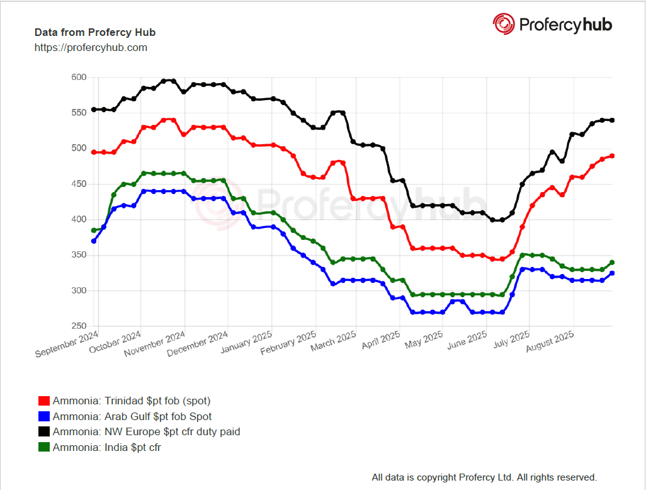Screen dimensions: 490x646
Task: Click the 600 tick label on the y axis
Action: (78, 77)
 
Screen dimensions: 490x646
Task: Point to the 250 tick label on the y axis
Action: (78, 326)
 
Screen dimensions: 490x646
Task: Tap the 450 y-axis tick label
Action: (78, 184)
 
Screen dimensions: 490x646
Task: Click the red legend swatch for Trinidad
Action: (44, 401)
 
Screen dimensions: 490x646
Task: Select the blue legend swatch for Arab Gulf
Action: (44, 416)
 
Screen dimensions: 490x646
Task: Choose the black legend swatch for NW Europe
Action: (44, 432)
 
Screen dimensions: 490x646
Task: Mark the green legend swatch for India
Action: (44, 448)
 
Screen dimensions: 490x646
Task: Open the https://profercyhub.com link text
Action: (91, 47)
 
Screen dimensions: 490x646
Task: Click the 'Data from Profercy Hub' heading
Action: (95, 32)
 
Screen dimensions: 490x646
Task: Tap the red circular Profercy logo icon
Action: (504, 24)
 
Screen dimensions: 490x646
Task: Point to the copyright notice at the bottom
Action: (484, 477)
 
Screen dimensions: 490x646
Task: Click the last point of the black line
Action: (612, 120)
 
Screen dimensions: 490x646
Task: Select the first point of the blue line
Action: (94, 241)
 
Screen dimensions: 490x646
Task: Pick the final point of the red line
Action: (612, 156)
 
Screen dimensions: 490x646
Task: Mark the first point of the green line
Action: (94, 230)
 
